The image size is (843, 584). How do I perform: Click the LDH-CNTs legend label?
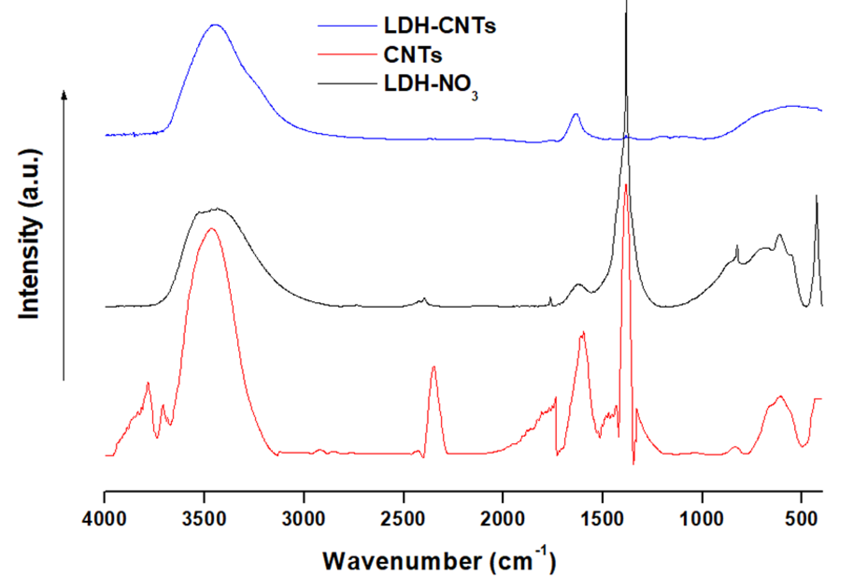(439, 26)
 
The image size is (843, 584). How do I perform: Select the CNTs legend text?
(413, 55)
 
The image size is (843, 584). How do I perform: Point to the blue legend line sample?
(347, 26)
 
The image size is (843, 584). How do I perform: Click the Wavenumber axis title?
(439, 562)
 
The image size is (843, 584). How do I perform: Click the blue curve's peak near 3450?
(215, 25)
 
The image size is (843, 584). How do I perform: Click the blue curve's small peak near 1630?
(576, 114)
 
